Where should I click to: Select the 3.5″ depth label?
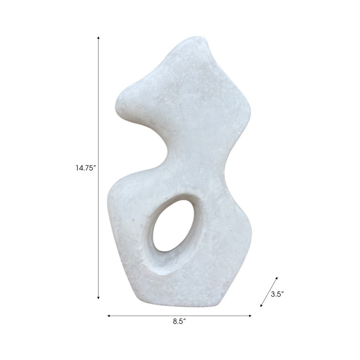277,294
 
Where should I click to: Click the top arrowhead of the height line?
98,37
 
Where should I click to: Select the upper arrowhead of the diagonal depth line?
277,278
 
